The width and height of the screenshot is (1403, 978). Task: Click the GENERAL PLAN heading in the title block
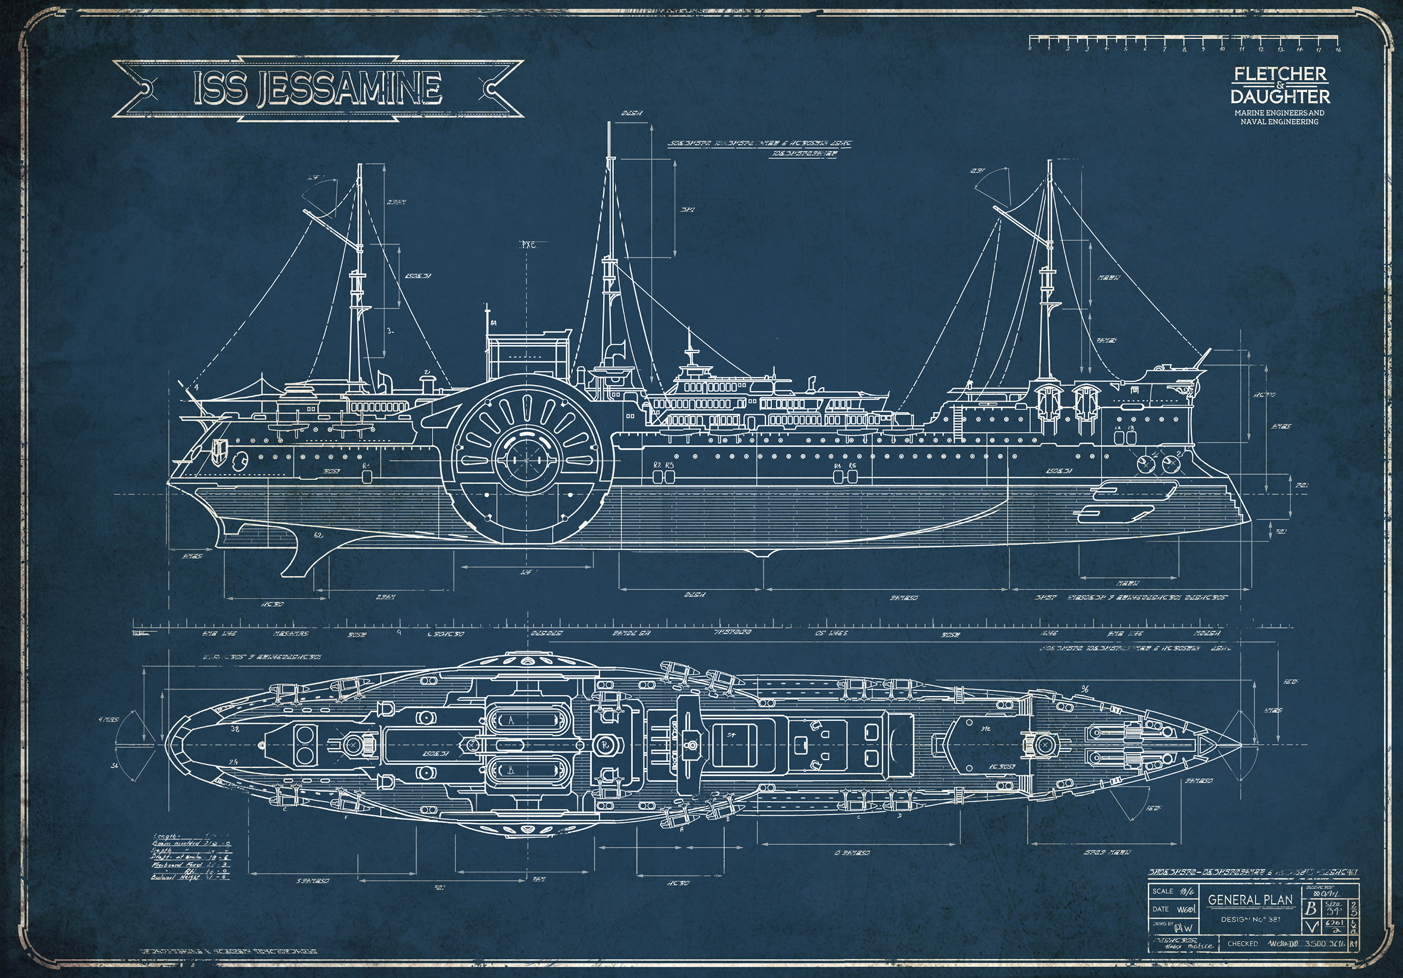[1250, 900]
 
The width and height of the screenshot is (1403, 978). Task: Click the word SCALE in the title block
[1163, 891]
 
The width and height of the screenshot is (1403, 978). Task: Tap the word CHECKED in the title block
[1242, 944]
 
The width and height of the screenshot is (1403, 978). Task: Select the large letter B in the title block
[1310, 908]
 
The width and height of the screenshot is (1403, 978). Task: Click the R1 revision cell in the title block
[1353, 944]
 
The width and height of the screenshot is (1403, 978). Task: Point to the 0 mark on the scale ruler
[1030, 48]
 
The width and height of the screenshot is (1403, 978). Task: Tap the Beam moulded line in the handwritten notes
[191, 843]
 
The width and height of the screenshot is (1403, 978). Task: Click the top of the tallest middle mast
[609, 123]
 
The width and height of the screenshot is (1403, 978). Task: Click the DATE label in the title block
[1160, 909]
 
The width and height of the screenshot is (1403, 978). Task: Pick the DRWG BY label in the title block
[1163, 924]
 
